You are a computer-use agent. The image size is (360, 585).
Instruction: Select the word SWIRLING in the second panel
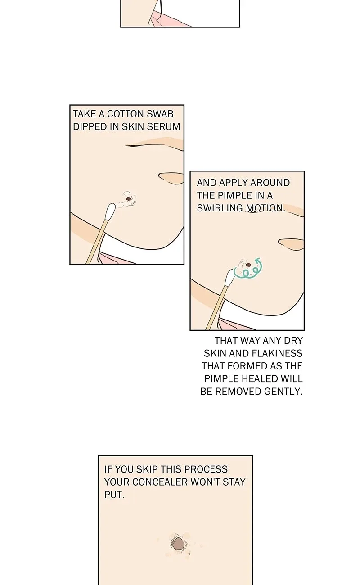[220, 208]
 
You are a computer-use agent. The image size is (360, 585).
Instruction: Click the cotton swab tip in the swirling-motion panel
[229, 277]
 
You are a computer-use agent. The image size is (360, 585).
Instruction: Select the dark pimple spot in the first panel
[128, 199]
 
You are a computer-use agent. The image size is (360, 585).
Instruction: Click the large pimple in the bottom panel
[178, 543]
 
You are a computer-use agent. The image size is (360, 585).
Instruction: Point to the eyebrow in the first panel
[154, 144]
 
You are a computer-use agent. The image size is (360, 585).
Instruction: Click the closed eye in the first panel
[171, 178]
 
